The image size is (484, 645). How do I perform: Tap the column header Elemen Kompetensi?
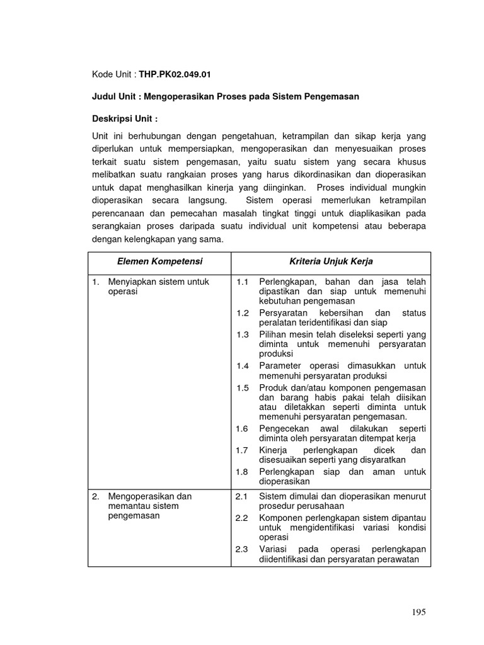[159, 261]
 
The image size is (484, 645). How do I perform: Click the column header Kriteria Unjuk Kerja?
[330, 261]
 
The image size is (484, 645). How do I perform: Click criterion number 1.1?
[243, 282]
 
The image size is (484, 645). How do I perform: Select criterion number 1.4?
[243, 366]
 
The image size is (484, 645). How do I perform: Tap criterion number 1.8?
[243, 472]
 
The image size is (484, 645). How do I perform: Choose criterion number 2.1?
[243, 496]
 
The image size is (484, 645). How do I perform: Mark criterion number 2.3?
[243, 549]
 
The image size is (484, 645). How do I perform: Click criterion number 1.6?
[243, 428]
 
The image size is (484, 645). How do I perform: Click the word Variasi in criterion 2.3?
[273, 549]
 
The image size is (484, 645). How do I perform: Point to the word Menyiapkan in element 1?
[130, 282]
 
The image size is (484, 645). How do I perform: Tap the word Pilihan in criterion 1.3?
[273, 334]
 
